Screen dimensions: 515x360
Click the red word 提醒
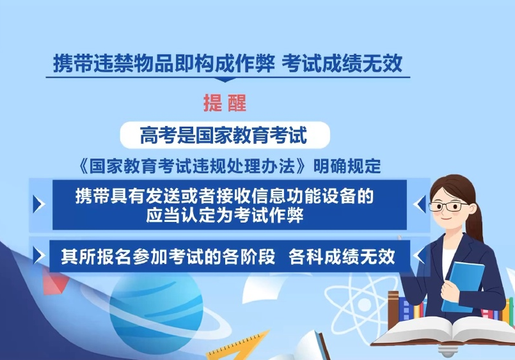pos(225,103)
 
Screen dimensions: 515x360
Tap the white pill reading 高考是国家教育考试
pos(225,135)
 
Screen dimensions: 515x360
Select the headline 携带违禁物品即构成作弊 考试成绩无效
pos(228,63)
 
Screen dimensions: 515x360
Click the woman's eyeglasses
pos(448,207)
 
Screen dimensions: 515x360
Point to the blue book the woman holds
pos(463,286)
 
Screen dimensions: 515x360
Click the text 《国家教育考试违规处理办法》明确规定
pos(228,166)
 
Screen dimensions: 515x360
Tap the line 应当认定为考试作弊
pos(225,215)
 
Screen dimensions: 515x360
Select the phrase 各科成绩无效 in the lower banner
pos(342,256)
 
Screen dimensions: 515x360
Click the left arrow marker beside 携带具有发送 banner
pos(39,204)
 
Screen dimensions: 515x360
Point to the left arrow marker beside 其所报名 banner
pos(39,256)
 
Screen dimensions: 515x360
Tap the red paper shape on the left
pos(54,282)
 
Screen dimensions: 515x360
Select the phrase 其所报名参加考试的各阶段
pos(168,256)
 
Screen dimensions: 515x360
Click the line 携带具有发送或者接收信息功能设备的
pos(225,196)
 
